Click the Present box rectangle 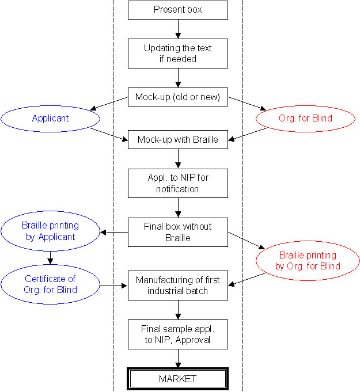point(178,10)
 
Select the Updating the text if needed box point(178,54)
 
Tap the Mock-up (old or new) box point(178,97)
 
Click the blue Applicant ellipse point(50,119)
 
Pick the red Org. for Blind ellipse point(305,119)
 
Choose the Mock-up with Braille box point(178,139)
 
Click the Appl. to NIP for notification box point(178,183)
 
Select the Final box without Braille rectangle point(178,232)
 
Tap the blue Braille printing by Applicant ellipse point(50,231)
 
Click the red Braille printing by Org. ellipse point(308,261)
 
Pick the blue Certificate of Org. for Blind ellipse point(50,284)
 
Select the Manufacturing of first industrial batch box point(178,286)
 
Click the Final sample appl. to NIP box point(178,334)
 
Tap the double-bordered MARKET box point(178,379)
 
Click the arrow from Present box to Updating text point(178,29)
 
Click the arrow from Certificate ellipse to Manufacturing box point(113,285)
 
